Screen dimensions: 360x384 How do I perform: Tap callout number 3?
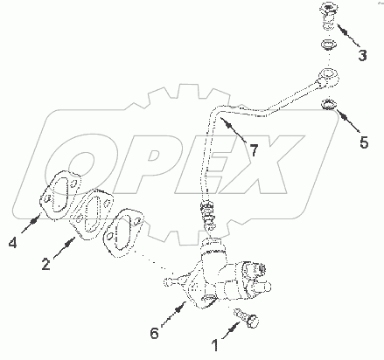(x=362, y=56)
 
